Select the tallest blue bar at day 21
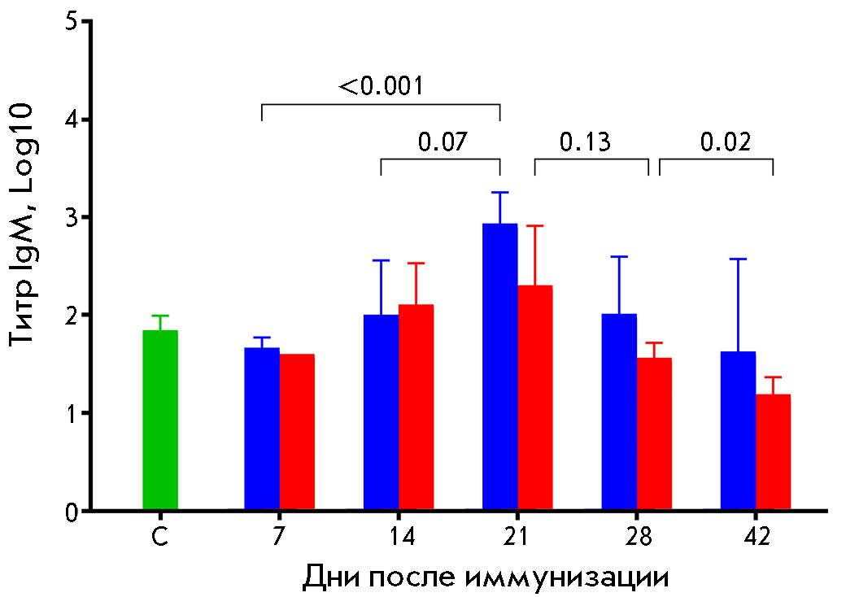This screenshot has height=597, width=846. pos(499,367)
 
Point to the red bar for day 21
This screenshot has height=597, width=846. pos(534,398)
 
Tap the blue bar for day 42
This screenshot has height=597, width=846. pos(738,430)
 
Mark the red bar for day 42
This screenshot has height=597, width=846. pos(773,452)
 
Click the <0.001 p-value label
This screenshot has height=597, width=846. pos(380,85)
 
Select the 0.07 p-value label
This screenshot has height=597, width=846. pos(443,142)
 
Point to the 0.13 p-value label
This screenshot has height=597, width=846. pos(585,142)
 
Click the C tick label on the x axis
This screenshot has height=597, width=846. pos(161,538)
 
